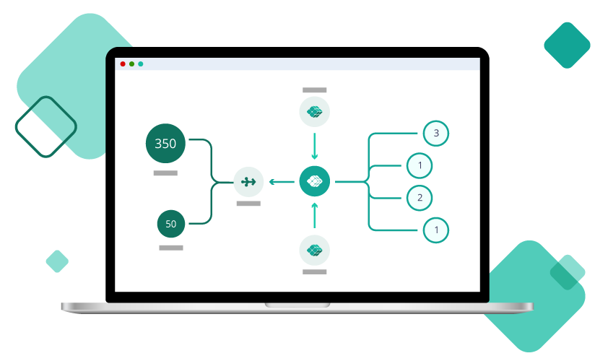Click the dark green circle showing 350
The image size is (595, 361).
click(x=165, y=143)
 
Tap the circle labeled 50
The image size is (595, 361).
click(x=171, y=224)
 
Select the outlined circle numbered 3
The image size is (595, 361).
click(x=435, y=133)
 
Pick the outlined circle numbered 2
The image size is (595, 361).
click(x=420, y=197)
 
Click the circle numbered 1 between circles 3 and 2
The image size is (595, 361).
click(x=420, y=165)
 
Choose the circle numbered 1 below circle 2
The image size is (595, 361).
click(x=435, y=230)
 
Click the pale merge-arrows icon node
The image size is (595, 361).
click(x=248, y=181)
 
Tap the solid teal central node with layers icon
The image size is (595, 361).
click(x=314, y=181)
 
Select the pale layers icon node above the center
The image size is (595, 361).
click(x=314, y=111)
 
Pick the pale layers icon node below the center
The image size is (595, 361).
click(x=314, y=250)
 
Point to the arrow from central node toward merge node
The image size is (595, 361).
click(x=281, y=181)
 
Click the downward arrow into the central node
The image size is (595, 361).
click(x=314, y=146)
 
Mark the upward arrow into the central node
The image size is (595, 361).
click(x=314, y=216)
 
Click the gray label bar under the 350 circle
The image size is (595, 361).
click(x=165, y=173)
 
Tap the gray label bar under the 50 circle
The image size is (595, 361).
click(x=171, y=248)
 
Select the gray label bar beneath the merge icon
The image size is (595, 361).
click(x=248, y=204)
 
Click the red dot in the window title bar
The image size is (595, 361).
click(x=123, y=64)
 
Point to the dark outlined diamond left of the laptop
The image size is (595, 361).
click(x=46, y=126)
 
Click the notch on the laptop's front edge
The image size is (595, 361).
click(x=297, y=305)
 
